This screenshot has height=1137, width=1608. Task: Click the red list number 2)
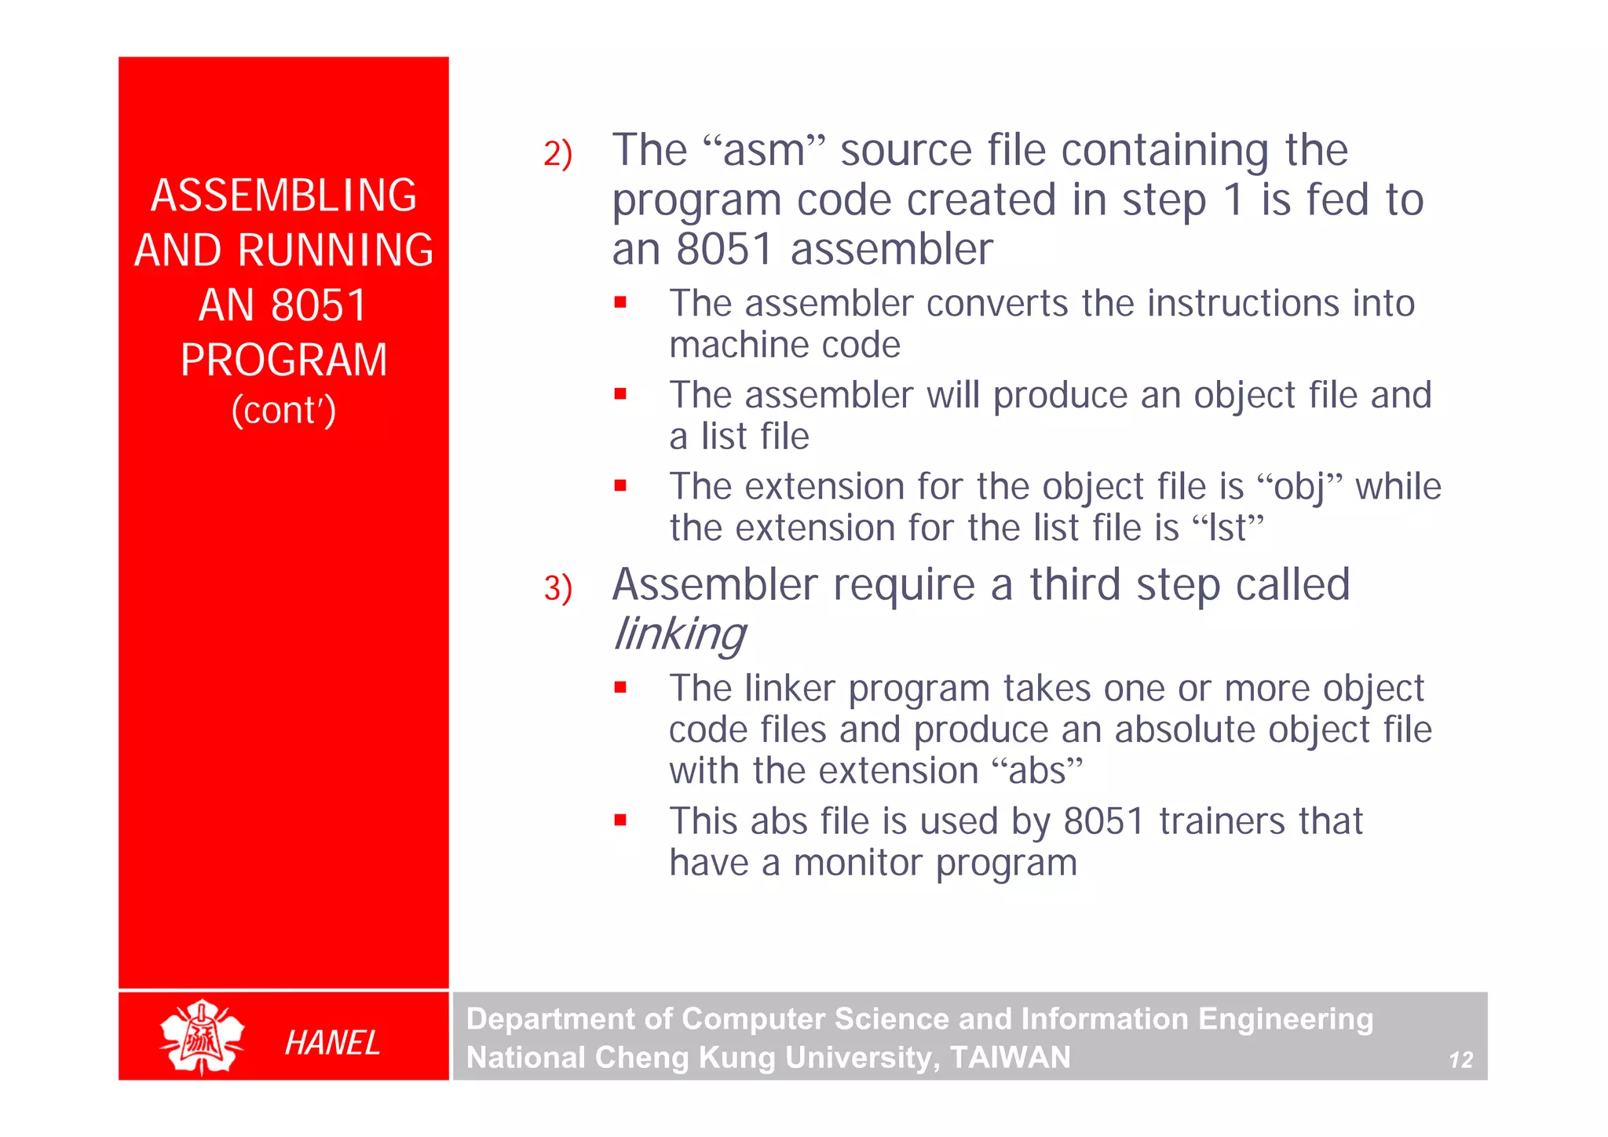(557, 154)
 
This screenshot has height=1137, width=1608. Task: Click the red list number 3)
(557, 589)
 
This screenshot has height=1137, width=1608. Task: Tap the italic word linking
(679, 634)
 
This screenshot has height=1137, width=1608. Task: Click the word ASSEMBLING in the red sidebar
(283, 196)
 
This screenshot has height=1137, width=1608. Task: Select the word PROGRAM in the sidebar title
(283, 360)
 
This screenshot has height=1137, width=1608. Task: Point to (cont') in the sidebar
(283, 411)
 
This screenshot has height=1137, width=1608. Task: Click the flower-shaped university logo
(202, 1036)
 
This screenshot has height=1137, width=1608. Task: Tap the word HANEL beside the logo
(332, 1043)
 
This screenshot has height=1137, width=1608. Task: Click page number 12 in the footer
(1460, 1060)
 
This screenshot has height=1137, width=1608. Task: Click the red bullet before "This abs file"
(620, 821)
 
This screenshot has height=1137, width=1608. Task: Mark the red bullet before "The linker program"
(620, 688)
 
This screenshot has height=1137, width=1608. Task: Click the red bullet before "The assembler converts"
(620, 302)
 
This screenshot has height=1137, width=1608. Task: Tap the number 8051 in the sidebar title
(319, 305)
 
